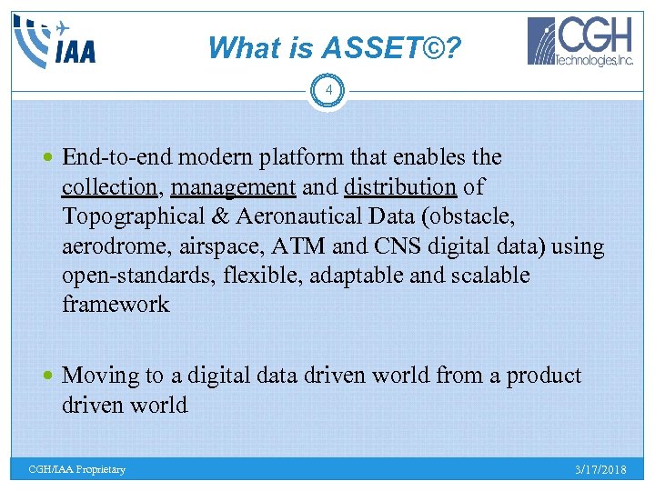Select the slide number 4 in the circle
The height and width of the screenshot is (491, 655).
(x=327, y=91)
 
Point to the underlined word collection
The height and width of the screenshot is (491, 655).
(x=109, y=187)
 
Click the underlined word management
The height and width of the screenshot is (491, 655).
(x=233, y=187)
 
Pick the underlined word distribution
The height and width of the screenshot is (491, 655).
(x=400, y=187)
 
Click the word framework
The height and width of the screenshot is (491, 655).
(x=116, y=305)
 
